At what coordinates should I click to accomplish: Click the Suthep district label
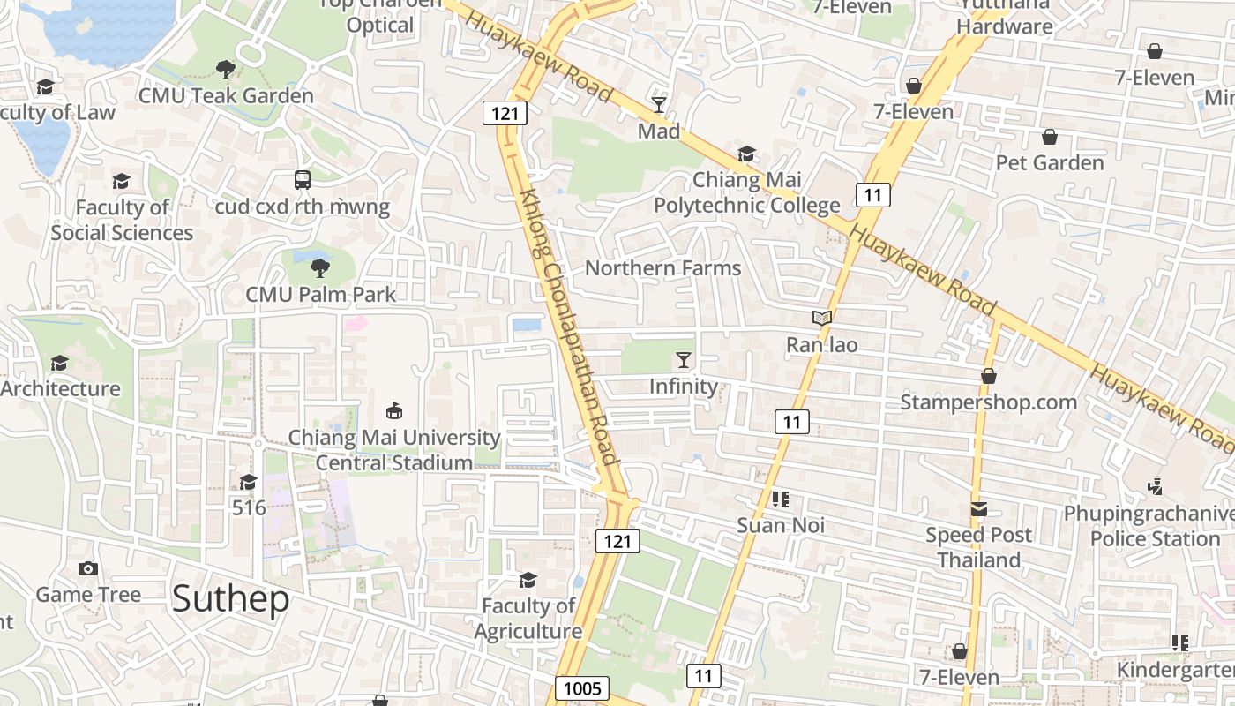pyautogui.click(x=230, y=599)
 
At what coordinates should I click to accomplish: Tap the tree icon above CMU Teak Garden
pyautogui.click(x=226, y=69)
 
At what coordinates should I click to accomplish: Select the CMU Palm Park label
pyautogui.click(x=321, y=294)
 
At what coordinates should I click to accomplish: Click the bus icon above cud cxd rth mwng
pyautogui.click(x=303, y=180)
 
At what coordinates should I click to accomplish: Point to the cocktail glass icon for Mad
pyautogui.click(x=659, y=105)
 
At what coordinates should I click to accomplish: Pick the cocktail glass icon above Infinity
pyautogui.click(x=684, y=359)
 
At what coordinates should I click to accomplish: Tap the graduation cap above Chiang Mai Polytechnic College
pyautogui.click(x=746, y=154)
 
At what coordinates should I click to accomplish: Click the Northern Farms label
pyautogui.click(x=663, y=267)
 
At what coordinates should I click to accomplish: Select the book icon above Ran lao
pyautogui.click(x=821, y=318)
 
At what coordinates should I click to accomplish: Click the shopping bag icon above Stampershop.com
pyautogui.click(x=989, y=376)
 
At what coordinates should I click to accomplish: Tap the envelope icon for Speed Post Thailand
pyautogui.click(x=979, y=509)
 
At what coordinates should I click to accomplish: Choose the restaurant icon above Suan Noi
pyautogui.click(x=780, y=499)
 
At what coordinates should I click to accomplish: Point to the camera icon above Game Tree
pyautogui.click(x=88, y=568)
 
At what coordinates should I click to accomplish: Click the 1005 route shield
pyautogui.click(x=582, y=688)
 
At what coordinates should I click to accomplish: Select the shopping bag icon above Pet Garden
pyautogui.click(x=1050, y=137)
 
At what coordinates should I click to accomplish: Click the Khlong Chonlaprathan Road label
pyautogui.click(x=569, y=327)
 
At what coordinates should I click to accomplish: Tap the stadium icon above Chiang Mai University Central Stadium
pyautogui.click(x=394, y=411)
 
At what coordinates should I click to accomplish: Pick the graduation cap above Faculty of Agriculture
pyautogui.click(x=528, y=580)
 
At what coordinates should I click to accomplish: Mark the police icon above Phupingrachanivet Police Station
pyautogui.click(x=1156, y=486)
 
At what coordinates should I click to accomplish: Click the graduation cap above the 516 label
pyautogui.click(x=249, y=482)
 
